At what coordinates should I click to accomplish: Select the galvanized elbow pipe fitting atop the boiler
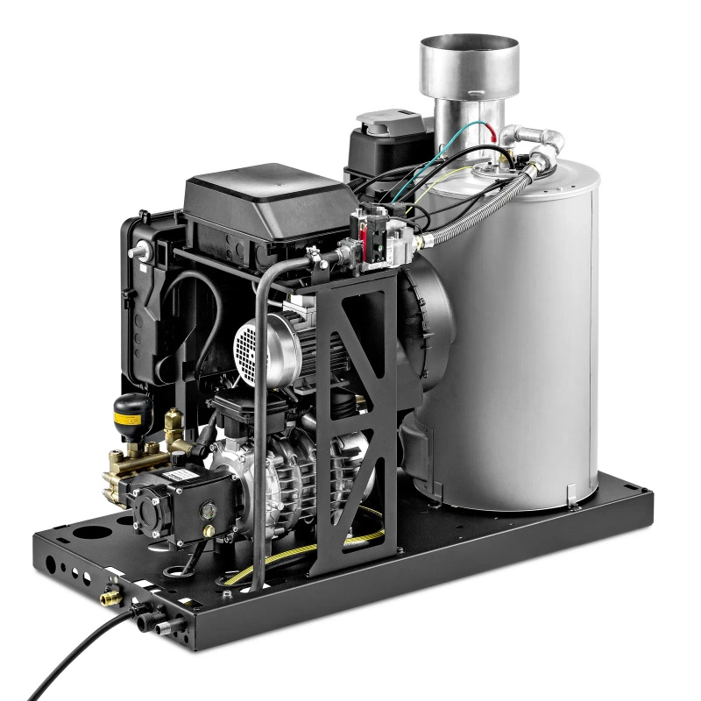(x=540, y=138)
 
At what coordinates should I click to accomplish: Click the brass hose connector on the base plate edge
(x=111, y=599)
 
